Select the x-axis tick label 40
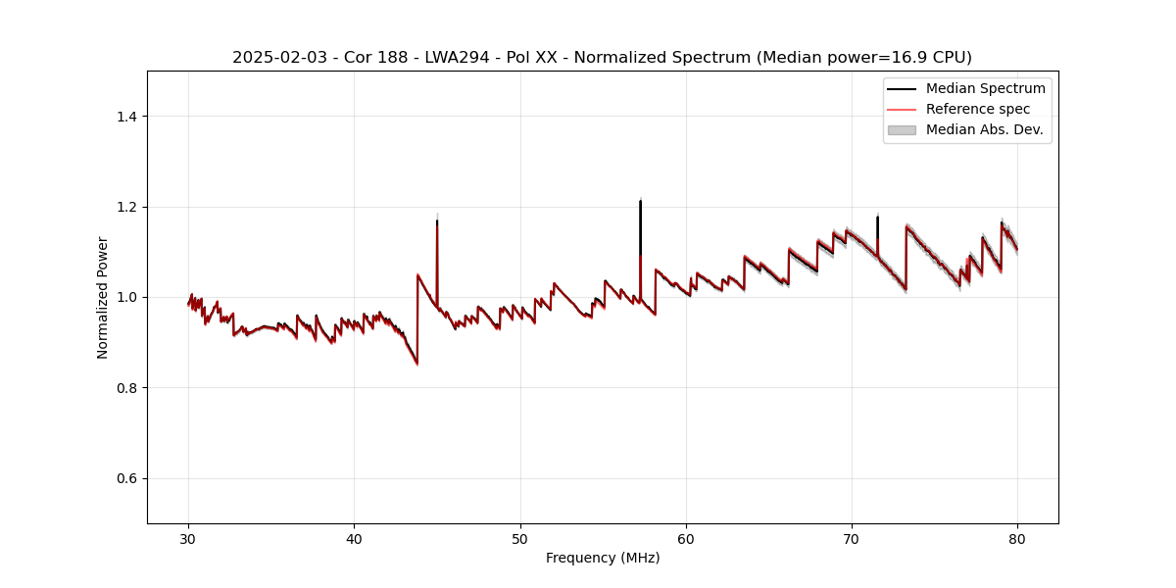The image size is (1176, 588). (355, 539)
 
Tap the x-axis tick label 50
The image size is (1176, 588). (520, 539)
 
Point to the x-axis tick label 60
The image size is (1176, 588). (686, 539)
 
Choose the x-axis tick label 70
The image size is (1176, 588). (852, 539)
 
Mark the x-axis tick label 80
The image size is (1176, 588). (1017, 539)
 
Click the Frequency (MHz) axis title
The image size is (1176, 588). (603, 559)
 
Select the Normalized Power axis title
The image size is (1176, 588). (103, 297)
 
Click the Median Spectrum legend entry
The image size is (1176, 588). (985, 88)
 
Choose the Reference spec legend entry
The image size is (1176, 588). (977, 109)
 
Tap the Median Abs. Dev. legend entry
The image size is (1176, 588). (984, 129)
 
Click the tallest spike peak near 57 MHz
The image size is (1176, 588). (640, 201)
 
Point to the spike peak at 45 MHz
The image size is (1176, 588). (437, 220)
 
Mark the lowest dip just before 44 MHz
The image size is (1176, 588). (417, 364)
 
